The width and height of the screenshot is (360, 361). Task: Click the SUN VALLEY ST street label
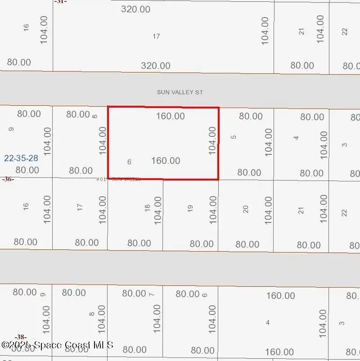coord(180,92)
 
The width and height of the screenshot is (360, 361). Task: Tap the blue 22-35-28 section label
coord(21,158)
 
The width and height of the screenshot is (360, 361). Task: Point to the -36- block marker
coord(8,179)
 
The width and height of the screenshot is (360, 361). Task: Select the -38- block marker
coord(20,337)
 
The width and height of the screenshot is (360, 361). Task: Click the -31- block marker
coord(60,2)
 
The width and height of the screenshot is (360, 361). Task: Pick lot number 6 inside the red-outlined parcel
coord(129,162)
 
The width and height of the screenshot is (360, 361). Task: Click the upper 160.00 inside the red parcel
coord(171,116)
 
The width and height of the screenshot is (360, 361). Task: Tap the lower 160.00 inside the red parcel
coord(166,161)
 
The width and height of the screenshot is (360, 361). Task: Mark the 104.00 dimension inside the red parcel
coord(213,140)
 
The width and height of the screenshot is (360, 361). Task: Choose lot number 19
coord(190,208)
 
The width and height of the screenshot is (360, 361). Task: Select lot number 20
coord(246,209)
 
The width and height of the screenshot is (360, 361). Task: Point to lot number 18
coord(147,208)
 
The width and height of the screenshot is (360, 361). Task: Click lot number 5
coord(234,137)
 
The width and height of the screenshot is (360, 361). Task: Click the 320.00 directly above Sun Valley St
coord(156,66)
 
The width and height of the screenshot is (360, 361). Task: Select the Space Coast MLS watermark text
coord(57,345)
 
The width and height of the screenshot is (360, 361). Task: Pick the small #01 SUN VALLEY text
coord(119,179)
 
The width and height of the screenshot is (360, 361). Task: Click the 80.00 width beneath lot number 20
coord(247,244)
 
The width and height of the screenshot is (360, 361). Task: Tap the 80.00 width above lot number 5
coord(251,116)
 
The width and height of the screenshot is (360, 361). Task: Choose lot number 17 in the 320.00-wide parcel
coord(156,36)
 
